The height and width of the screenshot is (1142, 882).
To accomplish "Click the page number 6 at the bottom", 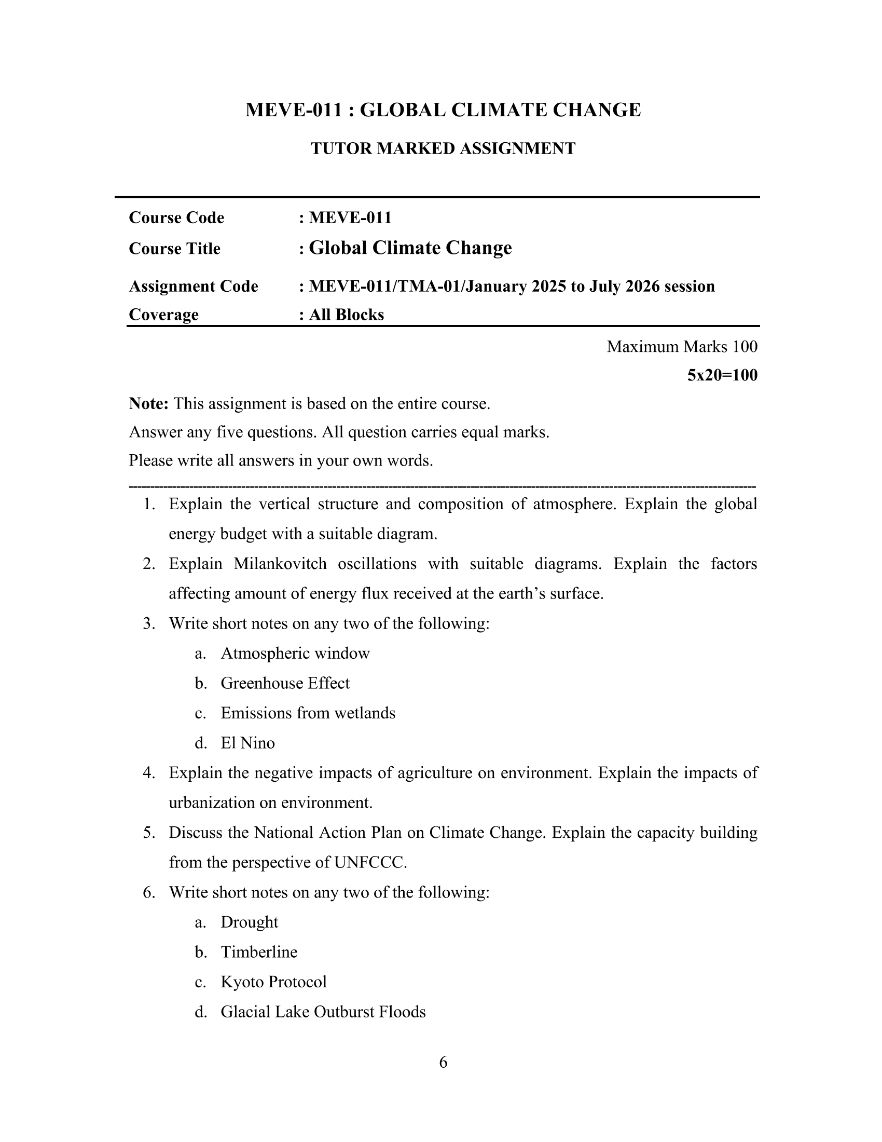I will tap(443, 1062).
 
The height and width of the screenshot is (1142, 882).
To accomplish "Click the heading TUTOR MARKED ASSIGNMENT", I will tap(443, 148).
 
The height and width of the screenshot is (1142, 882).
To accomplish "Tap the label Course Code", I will tap(176, 217).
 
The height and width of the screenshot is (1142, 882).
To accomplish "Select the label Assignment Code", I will tap(194, 287).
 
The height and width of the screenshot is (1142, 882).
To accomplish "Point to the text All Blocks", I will tap(347, 315).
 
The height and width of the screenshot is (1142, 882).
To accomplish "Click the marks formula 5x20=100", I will tap(722, 375).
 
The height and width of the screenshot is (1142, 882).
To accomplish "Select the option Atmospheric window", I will tap(295, 653).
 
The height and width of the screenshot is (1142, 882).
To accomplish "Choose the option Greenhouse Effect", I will tap(285, 683).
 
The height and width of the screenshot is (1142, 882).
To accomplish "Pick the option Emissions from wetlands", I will tap(308, 713).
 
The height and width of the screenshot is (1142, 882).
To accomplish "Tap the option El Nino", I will tap(247, 743).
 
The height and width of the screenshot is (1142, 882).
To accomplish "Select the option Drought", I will tap(249, 922).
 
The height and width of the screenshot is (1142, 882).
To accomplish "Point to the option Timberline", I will tap(259, 951).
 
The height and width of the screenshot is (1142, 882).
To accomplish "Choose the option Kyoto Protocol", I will tap(274, 982).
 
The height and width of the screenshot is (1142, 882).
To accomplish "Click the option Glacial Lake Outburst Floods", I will tap(323, 1012).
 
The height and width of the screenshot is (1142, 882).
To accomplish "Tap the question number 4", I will tap(149, 773).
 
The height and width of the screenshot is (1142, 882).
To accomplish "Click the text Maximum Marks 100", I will tap(682, 347).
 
